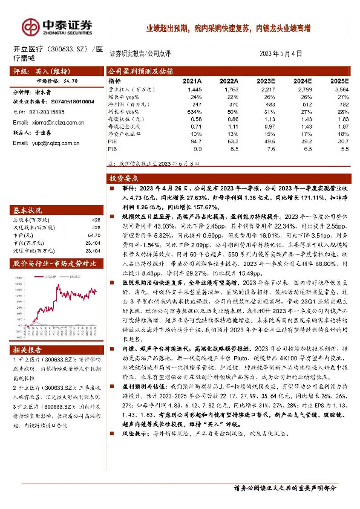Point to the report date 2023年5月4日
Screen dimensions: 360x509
click(284, 53)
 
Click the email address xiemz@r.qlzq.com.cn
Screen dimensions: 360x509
click(51, 122)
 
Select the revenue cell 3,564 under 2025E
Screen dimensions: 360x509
click(342, 88)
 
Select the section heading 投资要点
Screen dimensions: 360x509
click(123, 179)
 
